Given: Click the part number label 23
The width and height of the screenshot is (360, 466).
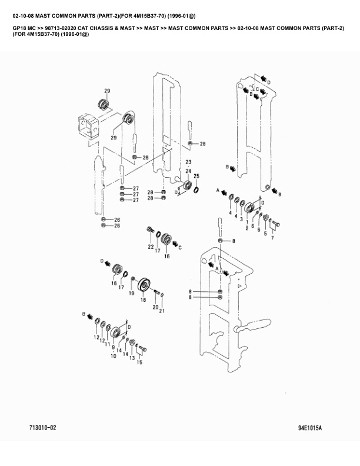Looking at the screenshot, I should coord(189,162).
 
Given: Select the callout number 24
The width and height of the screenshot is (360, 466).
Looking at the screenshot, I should coord(189,171).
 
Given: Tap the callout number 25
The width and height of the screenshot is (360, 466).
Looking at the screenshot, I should coord(196,176).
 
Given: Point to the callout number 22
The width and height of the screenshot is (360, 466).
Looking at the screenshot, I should coord(151,247).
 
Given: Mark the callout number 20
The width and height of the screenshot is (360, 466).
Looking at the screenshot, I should coord(155,307).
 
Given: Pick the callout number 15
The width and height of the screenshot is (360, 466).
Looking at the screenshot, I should coord(139,362).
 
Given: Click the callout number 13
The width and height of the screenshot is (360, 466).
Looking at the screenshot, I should coord(132,358).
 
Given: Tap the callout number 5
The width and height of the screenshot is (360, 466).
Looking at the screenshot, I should coord(265,233).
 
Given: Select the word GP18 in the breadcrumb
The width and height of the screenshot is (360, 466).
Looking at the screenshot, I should coord(19,28).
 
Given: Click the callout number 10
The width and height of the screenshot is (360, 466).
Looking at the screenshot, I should coord(113,356).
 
